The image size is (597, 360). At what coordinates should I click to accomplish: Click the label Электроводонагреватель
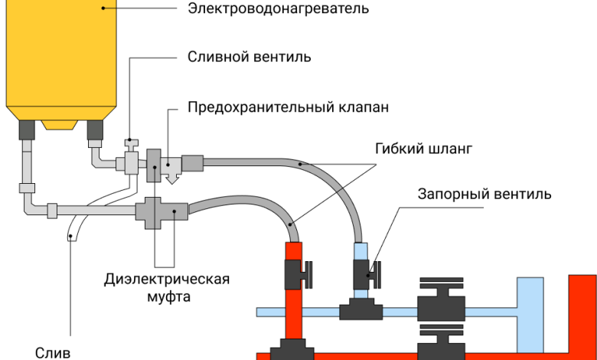click(x=279, y=9)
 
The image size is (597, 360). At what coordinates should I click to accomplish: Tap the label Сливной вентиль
click(x=250, y=57)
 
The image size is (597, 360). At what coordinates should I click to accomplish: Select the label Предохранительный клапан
click(x=289, y=107)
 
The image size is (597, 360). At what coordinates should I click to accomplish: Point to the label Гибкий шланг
click(x=420, y=149)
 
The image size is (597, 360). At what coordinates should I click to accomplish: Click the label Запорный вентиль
click(x=484, y=194)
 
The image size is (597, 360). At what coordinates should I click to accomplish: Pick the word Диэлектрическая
click(x=167, y=278)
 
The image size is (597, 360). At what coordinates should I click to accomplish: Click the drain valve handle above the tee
click(x=132, y=143)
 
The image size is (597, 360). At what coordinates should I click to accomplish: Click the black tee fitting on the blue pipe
click(x=361, y=309)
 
